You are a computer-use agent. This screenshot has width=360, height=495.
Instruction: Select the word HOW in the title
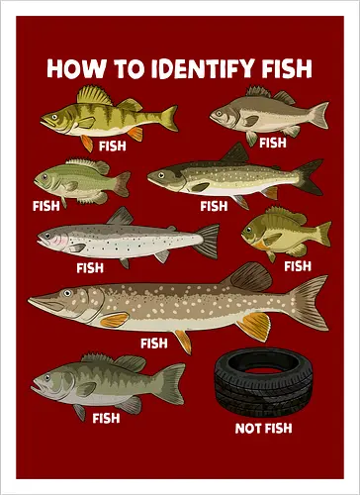[72, 68]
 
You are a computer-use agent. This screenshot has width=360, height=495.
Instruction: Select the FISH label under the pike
[154, 344]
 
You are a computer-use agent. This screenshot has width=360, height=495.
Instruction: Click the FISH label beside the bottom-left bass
[106, 418]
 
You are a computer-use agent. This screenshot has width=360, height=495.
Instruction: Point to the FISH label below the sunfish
[297, 265]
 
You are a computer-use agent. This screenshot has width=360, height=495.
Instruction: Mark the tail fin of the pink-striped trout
[207, 240]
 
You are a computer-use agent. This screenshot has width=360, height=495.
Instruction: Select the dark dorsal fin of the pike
[248, 276]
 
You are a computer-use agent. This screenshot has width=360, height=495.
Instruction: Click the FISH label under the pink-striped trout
[89, 267]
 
